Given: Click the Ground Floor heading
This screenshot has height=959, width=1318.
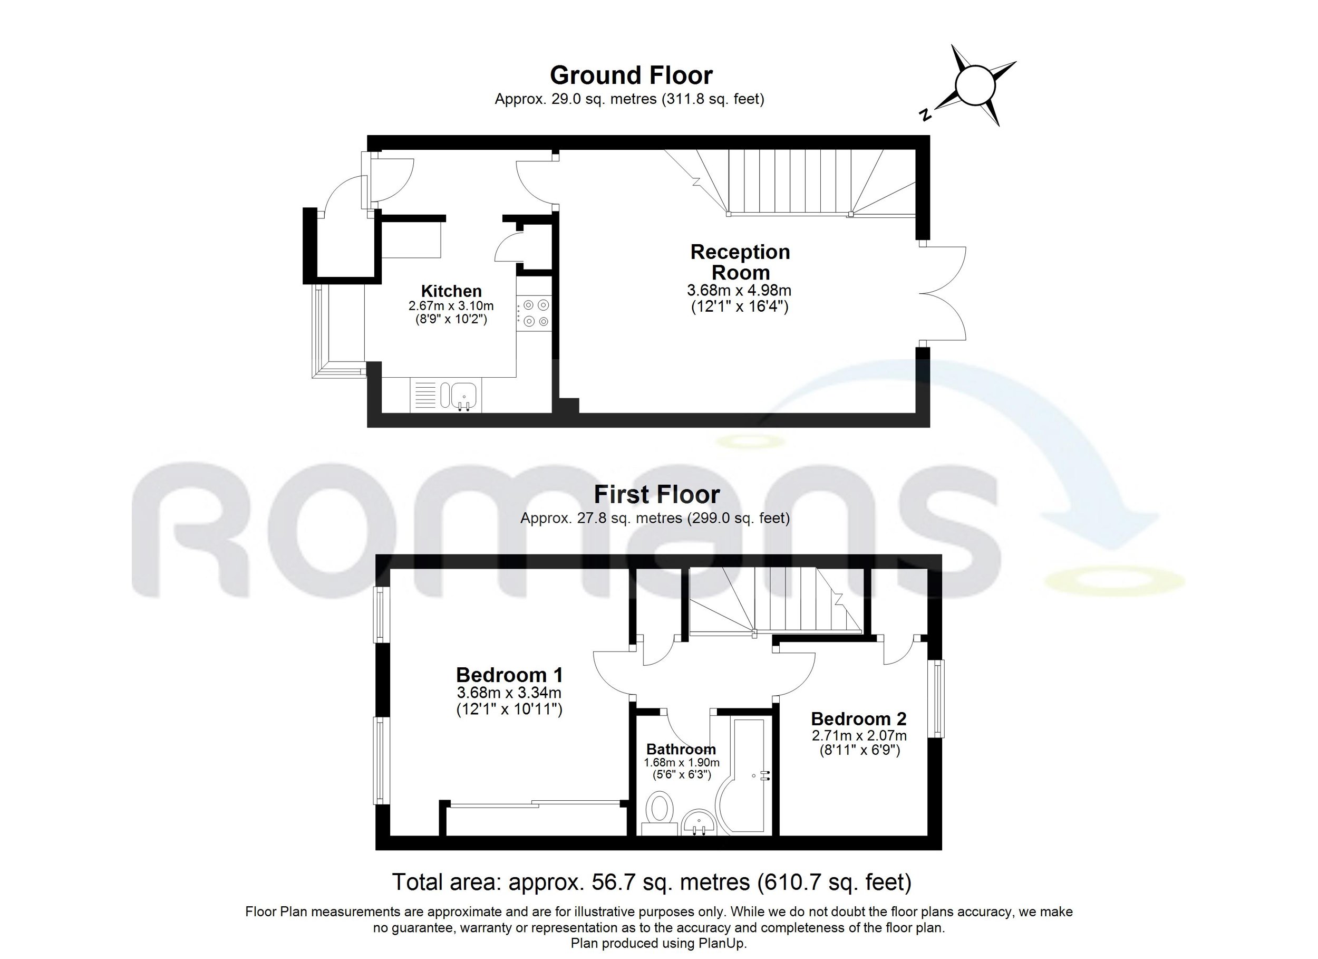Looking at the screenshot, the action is point(631,75).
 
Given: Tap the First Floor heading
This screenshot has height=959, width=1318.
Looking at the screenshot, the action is point(657,494).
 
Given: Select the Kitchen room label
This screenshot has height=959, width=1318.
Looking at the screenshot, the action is point(451,291).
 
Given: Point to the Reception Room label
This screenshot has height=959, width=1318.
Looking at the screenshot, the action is point(740,262).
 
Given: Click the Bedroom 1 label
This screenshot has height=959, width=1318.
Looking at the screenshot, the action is point(510,675).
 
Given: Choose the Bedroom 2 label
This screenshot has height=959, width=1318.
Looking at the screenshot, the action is point(859,719).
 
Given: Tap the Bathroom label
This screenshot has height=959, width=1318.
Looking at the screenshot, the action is point(681,749).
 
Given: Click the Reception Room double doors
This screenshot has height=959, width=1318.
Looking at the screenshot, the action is point(943,294).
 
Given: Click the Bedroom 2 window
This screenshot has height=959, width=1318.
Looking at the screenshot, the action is point(938,698).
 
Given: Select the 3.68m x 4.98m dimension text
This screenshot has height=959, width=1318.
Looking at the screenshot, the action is point(739,290).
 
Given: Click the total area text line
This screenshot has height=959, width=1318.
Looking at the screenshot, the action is point(652,882).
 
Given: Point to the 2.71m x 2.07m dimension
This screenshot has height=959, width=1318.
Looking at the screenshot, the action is point(859,735).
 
